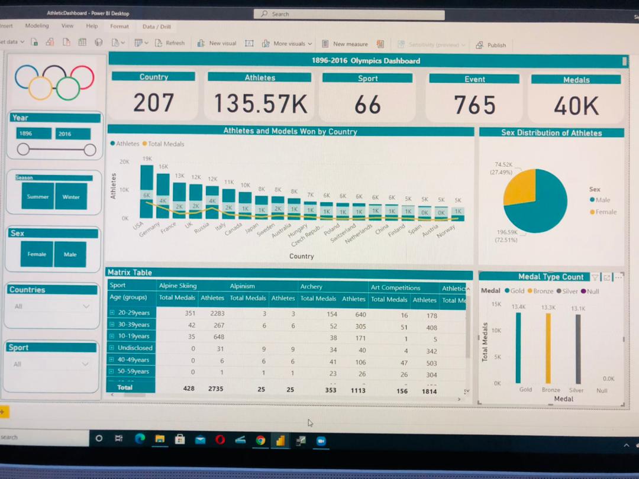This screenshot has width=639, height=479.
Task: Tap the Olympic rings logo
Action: pyautogui.click(x=54, y=82)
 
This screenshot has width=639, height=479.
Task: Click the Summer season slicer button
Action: pyautogui.click(x=38, y=196)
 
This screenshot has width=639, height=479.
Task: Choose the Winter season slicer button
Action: pyautogui.click(x=71, y=197)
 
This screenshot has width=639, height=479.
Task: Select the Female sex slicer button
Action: pyautogui.click(x=37, y=254)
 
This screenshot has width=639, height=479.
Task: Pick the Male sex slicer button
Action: pyautogui.click(x=70, y=254)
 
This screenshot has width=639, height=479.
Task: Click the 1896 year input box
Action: pyautogui.click(x=33, y=134)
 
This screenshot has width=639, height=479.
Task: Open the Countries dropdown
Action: pyautogui.click(x=52, y=306)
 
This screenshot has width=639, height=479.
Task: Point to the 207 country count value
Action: pyautogui.click(x=153, y=103)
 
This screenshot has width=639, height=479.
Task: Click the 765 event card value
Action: pyautogui.click(x=474, y=105)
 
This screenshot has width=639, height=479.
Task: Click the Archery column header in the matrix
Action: pyautogui.click(x=311, y=287)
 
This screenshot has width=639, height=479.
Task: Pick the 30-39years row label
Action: pyautogui.click(x=134, y=325)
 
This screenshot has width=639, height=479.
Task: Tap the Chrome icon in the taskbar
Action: pyautogui.click(x=260, y=440)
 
